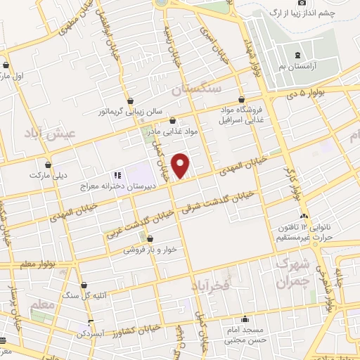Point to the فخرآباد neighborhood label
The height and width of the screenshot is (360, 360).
coord(210,285)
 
